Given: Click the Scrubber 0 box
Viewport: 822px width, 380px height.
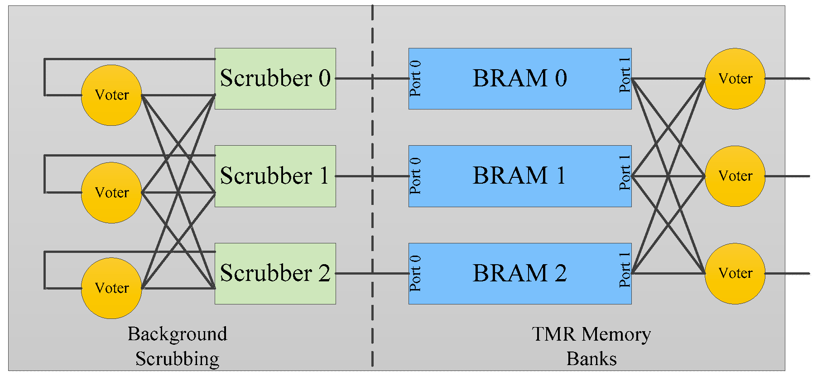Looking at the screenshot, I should (275, 78).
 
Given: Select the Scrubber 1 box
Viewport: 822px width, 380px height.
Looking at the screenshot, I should (275, 176).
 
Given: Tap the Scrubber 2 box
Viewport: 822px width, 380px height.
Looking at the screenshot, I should (275, 273).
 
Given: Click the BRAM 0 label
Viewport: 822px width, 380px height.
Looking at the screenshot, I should (519, 78).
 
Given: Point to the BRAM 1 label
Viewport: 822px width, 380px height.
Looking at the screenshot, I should (519, 176).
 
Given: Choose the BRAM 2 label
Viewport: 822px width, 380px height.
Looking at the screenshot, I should (519, 273).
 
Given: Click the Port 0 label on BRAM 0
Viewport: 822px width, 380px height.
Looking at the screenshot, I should (415, 78).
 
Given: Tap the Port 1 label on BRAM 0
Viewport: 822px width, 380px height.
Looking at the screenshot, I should (625, 76).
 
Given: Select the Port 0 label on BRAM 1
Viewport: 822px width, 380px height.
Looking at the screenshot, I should (415, 176).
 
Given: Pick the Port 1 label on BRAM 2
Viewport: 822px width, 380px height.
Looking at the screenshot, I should (625, 270).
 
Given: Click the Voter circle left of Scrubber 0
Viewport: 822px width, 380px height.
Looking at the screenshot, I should (111, 95).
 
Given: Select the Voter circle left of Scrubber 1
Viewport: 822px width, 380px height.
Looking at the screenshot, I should (111, 193).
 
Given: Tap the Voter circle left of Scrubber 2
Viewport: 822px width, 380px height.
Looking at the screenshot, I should (111, 288).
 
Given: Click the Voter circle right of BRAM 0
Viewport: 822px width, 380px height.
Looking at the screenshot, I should (735, 79).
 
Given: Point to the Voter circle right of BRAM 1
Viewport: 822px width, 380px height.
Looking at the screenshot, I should (735, 176).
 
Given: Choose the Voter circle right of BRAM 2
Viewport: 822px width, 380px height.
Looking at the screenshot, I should (735, 273).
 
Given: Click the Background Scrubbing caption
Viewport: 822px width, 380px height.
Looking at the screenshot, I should (177, 346).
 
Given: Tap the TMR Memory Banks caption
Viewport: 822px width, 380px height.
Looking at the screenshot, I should (591, 346).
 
